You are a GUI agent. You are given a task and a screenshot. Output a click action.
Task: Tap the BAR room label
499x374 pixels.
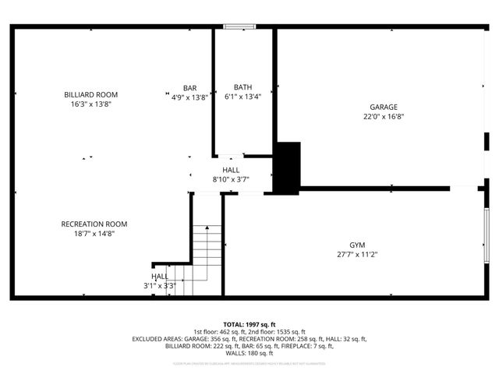coord(189,88)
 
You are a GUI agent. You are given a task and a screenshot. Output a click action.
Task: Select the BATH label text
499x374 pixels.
coord(242,88)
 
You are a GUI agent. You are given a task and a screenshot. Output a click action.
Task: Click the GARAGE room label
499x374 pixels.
coord(384,107)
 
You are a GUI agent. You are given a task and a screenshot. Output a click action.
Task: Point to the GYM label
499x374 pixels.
coord(357,245)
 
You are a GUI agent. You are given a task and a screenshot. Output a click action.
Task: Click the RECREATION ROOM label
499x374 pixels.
coord(94,224)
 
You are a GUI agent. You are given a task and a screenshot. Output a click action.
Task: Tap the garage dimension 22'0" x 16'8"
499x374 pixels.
coord(384,117)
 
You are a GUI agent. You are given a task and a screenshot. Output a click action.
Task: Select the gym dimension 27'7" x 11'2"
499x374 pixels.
coord(357,254)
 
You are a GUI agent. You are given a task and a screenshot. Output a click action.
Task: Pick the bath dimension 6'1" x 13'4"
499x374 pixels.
coord(242,97)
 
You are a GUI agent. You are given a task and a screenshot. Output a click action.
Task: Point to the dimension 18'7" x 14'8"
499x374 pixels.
coord(94,234)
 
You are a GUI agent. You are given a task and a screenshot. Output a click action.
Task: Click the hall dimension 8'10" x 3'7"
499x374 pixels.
coord(231,179)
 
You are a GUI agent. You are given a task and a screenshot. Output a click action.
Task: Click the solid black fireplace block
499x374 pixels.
coord(288,167)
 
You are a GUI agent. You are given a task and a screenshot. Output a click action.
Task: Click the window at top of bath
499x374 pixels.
coord(235,27)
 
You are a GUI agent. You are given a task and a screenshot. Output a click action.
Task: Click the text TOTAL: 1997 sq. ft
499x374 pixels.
coord(249,324)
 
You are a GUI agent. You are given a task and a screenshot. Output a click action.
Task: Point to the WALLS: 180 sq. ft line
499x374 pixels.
coord(249,353)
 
